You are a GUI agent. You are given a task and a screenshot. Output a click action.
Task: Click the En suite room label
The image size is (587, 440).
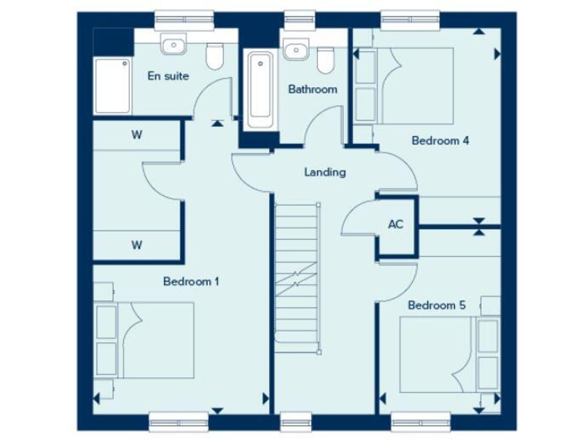tap(167, 76)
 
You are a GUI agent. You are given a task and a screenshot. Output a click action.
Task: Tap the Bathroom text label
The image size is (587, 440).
tap(312, 89)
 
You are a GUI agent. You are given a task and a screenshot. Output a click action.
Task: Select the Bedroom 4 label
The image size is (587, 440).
tap(439, 141)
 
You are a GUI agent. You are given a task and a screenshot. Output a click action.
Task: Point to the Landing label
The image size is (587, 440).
tap(325, 172)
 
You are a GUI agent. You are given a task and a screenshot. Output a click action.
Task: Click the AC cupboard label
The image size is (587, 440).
tap(395, 225)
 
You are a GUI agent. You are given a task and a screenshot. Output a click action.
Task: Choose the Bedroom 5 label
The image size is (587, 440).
tap(436, 305)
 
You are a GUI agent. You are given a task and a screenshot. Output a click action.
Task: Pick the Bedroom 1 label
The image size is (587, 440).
tap(191, 281)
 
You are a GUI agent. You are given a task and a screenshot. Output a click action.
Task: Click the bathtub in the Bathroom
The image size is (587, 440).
tap(260, 89)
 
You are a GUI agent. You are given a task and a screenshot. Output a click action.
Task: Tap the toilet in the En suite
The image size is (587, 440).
tap(215, 55)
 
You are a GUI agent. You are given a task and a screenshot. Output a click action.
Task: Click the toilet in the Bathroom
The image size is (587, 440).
tap(326, 58)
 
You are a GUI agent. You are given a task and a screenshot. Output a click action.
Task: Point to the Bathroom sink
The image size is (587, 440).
tap(294, 50)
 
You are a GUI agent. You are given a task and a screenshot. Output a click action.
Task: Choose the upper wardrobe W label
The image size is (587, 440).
tap(137, 135)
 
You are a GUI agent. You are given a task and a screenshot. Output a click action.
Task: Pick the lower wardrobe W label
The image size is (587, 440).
tap(137, 245)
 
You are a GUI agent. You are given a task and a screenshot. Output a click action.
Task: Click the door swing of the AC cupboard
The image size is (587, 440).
tap(356, 218)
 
